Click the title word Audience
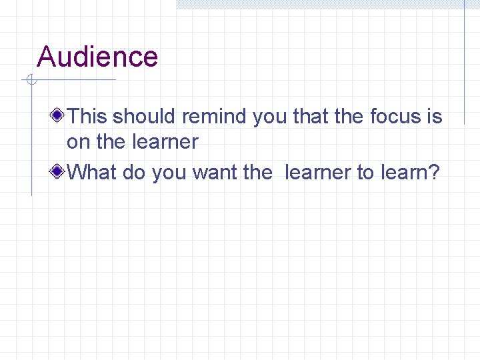[97, 57]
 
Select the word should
[145, 117]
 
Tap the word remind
[215, 117]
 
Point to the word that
[311, 117]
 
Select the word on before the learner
[79, 142]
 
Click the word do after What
[134, 173]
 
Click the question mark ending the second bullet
[434, 173]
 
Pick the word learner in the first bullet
[165, 142]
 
